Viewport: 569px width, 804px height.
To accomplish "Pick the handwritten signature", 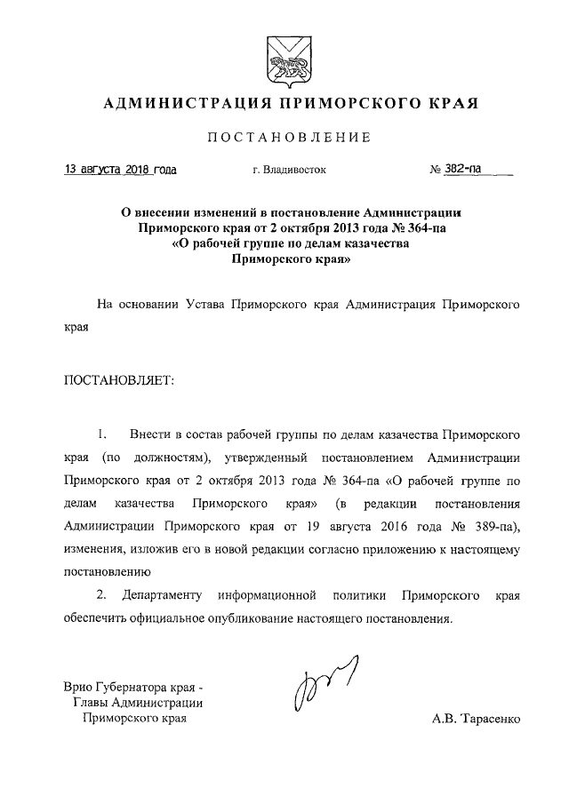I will point(321,687).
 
